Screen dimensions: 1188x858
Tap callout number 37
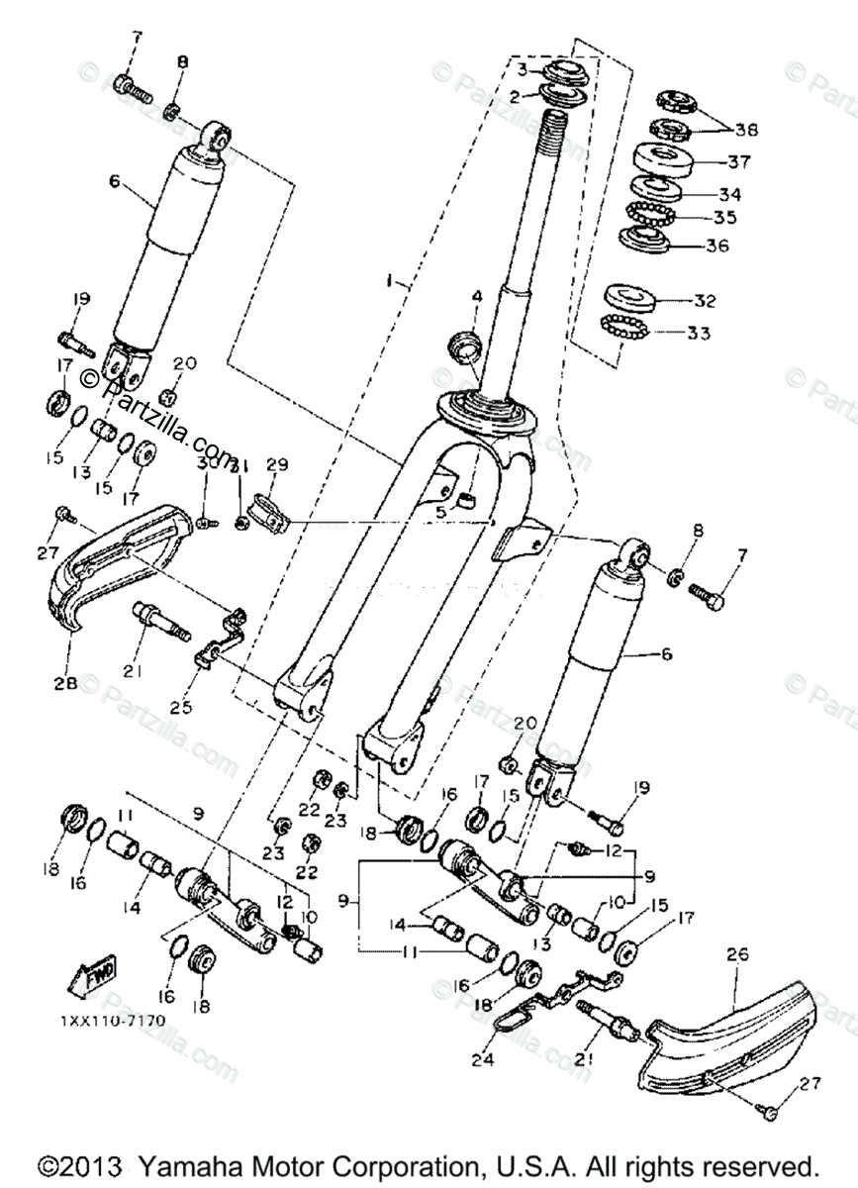click(739, 160)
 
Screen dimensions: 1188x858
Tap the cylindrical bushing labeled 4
click(464, 347)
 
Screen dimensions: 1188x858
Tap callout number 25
click(209, 708)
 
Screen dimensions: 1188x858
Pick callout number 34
click(729, 194)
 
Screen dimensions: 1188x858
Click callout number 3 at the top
click(523, 68)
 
